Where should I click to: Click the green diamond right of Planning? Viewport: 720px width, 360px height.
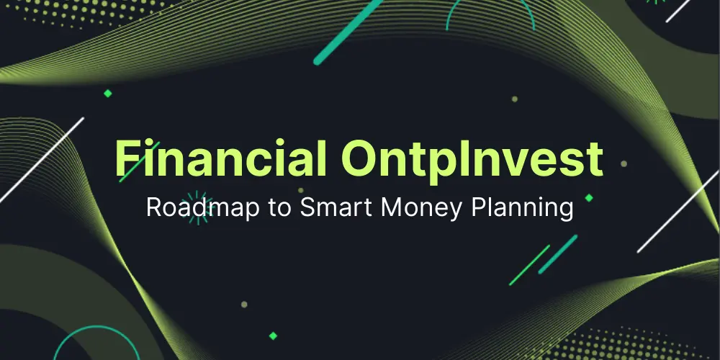pyautogui.click(x=589, y=197)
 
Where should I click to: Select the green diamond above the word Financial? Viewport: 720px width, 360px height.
pyautogui.click(x=108, y=93)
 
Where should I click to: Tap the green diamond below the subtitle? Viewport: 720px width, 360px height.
pyautogui.click(x=273, y=335)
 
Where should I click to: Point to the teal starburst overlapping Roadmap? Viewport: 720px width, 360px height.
pyautogui.click(x=194, y=207)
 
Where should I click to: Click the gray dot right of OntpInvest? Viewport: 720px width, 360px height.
pyautogui.click(x=624, y=163)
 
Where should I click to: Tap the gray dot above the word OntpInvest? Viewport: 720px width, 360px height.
pyautogui.click(x=514, y=99)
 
